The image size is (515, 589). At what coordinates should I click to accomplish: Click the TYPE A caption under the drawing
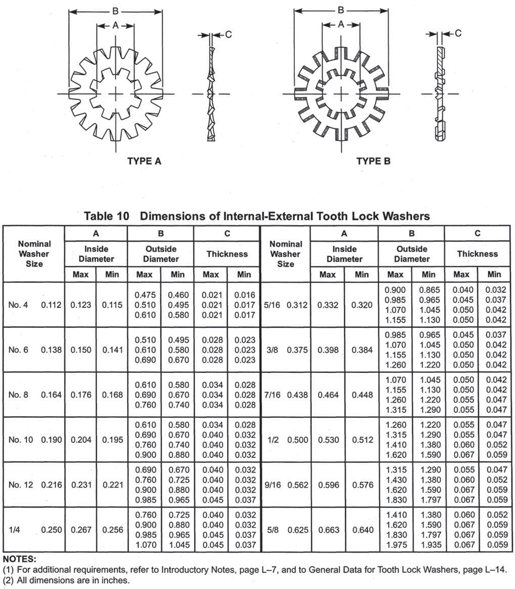coord(144,161)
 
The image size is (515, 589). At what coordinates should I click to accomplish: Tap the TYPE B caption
coord(374,161)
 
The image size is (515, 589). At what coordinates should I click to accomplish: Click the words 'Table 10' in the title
coord(106,215)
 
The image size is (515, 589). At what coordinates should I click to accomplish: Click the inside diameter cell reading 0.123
coord(81,305)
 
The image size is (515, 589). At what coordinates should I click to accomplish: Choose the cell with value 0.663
coord(327,530)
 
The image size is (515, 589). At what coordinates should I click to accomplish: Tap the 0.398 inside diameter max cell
coord(327,350)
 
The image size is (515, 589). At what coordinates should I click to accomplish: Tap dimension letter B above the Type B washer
coord(340,10)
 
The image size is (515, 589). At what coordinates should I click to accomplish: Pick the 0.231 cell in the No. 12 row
coord(81,485)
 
